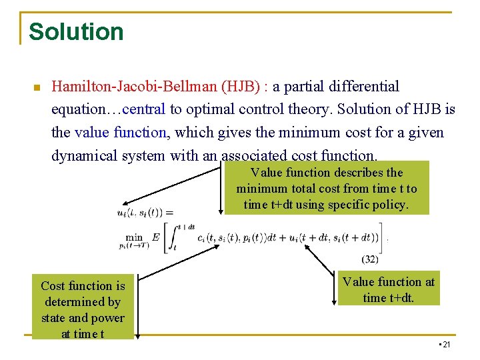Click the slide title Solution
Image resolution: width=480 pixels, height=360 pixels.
tap(76, 32)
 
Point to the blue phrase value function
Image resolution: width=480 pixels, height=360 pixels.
tap(121, 132)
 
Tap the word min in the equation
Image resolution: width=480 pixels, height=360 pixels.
tap(134, 237)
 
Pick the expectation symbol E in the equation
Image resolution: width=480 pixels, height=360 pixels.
tap(155, 237)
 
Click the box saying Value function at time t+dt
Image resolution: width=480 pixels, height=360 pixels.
tap(388, 290)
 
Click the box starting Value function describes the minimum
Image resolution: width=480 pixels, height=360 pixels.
tap(326, 189)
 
